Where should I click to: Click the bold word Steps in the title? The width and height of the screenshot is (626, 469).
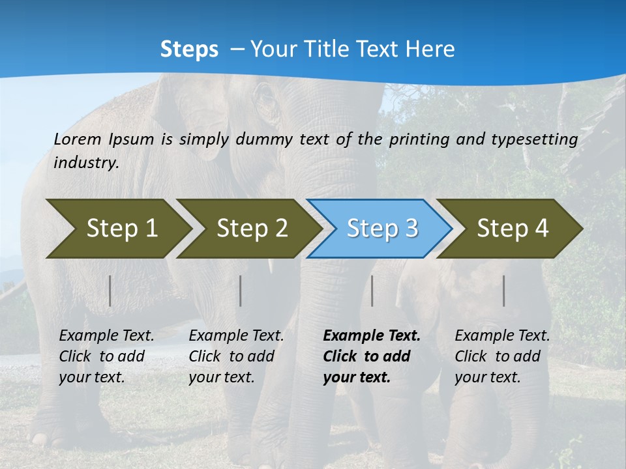point(189,49)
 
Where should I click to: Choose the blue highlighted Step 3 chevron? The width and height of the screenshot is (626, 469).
point(382,228)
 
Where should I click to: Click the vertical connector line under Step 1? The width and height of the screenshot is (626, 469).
point(110,291)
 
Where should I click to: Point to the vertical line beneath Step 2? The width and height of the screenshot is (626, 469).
point(241,291)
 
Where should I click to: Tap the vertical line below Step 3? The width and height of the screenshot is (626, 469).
point(372,291)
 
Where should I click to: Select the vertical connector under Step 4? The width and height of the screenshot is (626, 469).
point(503,291)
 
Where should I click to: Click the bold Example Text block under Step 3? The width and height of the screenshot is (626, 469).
point(372,356)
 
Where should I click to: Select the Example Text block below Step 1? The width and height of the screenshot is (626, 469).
point(106,356)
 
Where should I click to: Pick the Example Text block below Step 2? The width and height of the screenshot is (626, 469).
point(236,356)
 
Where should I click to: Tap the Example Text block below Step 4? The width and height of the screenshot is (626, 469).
point(502,356)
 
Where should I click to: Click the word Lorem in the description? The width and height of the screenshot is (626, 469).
point(78,139)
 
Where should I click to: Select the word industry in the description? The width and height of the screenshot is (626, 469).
point(86,163)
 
